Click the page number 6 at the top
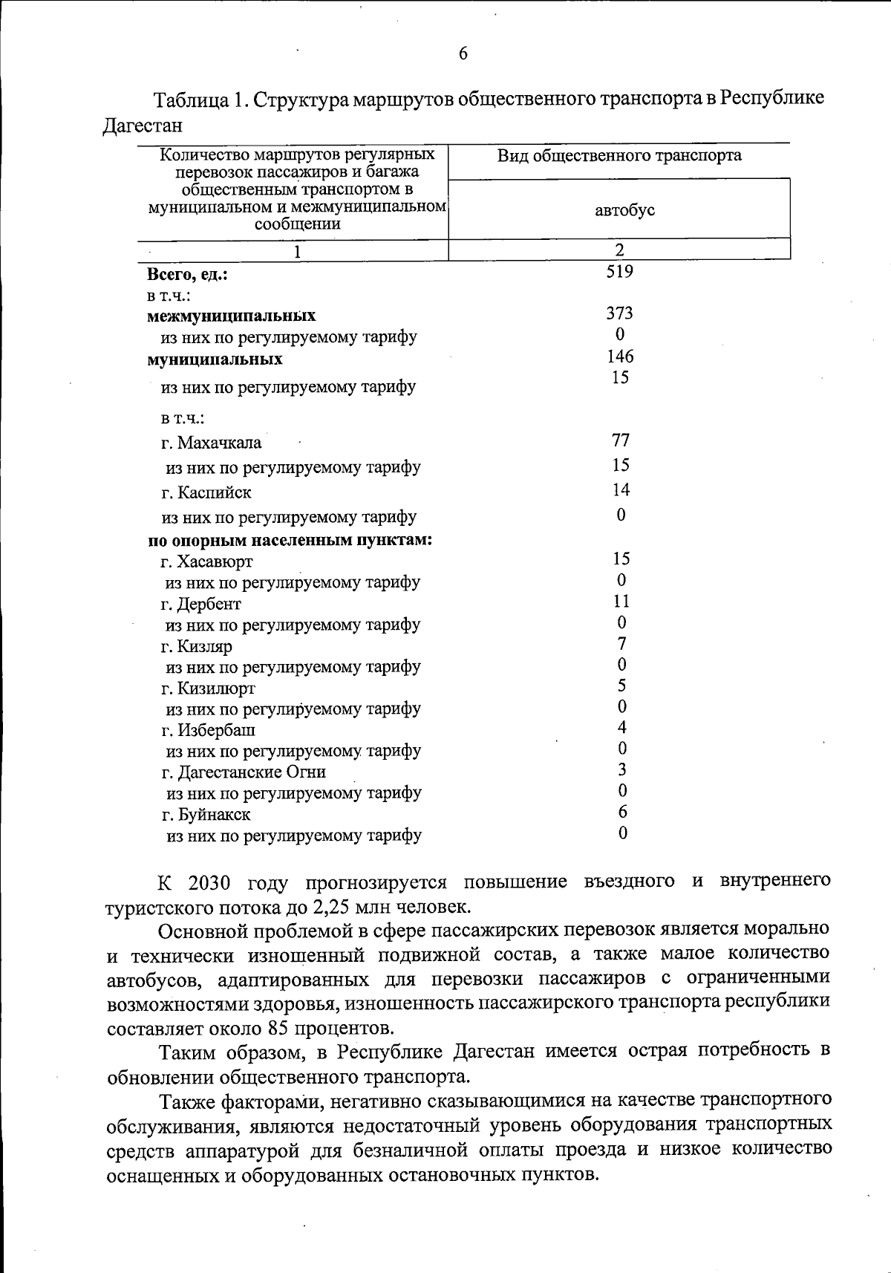(x=463, y=53)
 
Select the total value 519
(x=619, y=272)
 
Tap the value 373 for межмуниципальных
(x=619, y=313)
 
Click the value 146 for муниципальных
(x=620, y=356)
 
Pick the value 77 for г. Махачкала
(x=621, y=440)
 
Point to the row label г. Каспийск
(x=206, y=492)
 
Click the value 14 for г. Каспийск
(x=621, y=490)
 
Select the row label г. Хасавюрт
(x=207, y=561)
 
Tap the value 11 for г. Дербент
(x=621, y=601)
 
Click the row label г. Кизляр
(x=197, y=646)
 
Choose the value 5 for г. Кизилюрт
(x=621, y=685)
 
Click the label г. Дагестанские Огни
(x=244, y=772)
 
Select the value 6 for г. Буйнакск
(x=622, y=812)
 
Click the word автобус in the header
(x=624, y=210)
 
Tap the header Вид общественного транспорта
(x=619, y=155)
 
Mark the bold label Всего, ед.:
(x=187, y=275)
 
